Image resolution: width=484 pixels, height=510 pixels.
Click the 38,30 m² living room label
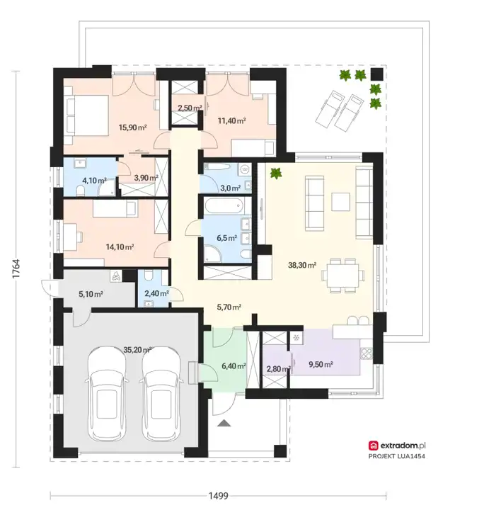point(302,265)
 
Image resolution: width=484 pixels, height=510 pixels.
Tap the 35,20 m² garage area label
point(138,350)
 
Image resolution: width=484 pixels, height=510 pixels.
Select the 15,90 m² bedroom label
point(132,127)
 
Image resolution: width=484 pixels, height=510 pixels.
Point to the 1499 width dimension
point(218,496)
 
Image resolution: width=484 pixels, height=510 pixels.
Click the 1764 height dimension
point(16,268)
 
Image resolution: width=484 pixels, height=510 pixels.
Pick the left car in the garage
point(107,395)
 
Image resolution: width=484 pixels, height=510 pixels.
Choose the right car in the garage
point(161,395)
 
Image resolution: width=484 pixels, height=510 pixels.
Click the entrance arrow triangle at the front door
point(224,423)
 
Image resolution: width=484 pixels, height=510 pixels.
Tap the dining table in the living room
point(343,276)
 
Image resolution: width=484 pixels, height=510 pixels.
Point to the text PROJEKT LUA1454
point(397,456)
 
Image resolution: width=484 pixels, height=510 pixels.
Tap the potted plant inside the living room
point(276,173)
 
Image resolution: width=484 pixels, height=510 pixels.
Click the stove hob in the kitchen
point(367,353)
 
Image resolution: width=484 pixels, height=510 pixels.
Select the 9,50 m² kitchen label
point(321,364)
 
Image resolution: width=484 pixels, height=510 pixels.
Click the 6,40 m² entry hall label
point(234,366)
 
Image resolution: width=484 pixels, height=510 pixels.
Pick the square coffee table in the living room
point(340,202)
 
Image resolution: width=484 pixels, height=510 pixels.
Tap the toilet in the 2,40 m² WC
point(148,275)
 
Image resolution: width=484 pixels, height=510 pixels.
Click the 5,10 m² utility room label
point(91,295)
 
